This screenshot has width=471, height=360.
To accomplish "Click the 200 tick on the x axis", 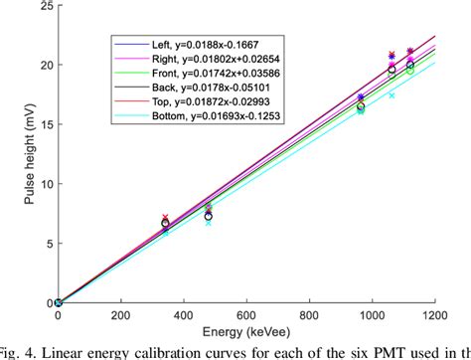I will pos(120,314).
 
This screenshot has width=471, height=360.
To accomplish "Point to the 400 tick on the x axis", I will pos(184,314).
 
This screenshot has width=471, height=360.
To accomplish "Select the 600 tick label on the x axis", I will pos(246,314).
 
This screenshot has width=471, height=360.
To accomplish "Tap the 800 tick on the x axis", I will pos(309,314).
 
